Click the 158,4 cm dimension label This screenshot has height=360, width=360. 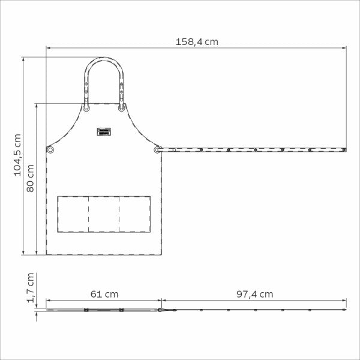click(197, 42)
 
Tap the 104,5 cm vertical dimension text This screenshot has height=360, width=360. click(17, 155)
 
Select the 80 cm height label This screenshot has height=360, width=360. click(30, 178)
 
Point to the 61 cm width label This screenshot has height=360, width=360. click(104, 294)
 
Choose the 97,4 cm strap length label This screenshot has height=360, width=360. click(255, 294)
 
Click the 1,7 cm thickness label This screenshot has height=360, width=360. click(31, 288)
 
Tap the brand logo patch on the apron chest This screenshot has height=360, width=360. click(104, 131)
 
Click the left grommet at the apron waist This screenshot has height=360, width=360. click(50, 150)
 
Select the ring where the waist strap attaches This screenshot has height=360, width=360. click(157, 150)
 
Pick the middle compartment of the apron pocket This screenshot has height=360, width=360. click(104, 214)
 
